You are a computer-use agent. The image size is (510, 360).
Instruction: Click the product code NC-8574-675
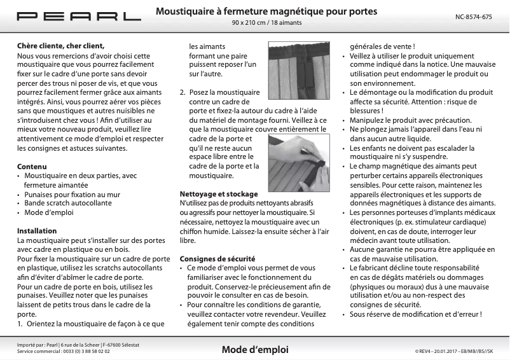[474, 17]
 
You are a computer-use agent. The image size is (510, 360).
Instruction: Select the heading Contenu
[32, 166]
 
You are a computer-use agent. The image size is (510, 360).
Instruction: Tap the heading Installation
[37, 231]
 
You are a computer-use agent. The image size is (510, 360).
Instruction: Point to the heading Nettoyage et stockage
[218, 193]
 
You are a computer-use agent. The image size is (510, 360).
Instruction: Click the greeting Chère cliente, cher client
[60, 46]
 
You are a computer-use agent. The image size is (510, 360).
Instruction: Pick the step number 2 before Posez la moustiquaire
[183, 92]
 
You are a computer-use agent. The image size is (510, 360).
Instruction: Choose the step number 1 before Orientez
[20, 323]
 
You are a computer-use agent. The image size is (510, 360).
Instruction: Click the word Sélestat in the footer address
[128, 345]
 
